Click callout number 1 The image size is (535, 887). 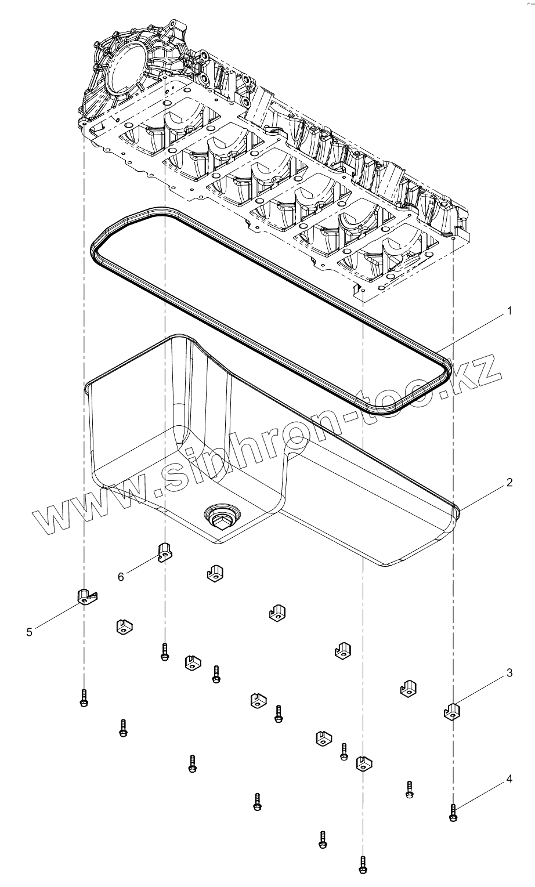(509, 311)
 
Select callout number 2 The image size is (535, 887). (509, 483)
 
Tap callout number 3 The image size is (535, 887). (509, 673)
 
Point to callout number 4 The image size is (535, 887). (509, 779)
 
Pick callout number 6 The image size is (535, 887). (121, 577)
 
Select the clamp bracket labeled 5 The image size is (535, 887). (86, 596)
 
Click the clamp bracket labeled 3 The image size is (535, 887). (452, 710)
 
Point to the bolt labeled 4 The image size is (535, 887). (453, 812)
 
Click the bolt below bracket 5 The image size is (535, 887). (84, 697)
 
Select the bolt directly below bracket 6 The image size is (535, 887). (165, 652)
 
